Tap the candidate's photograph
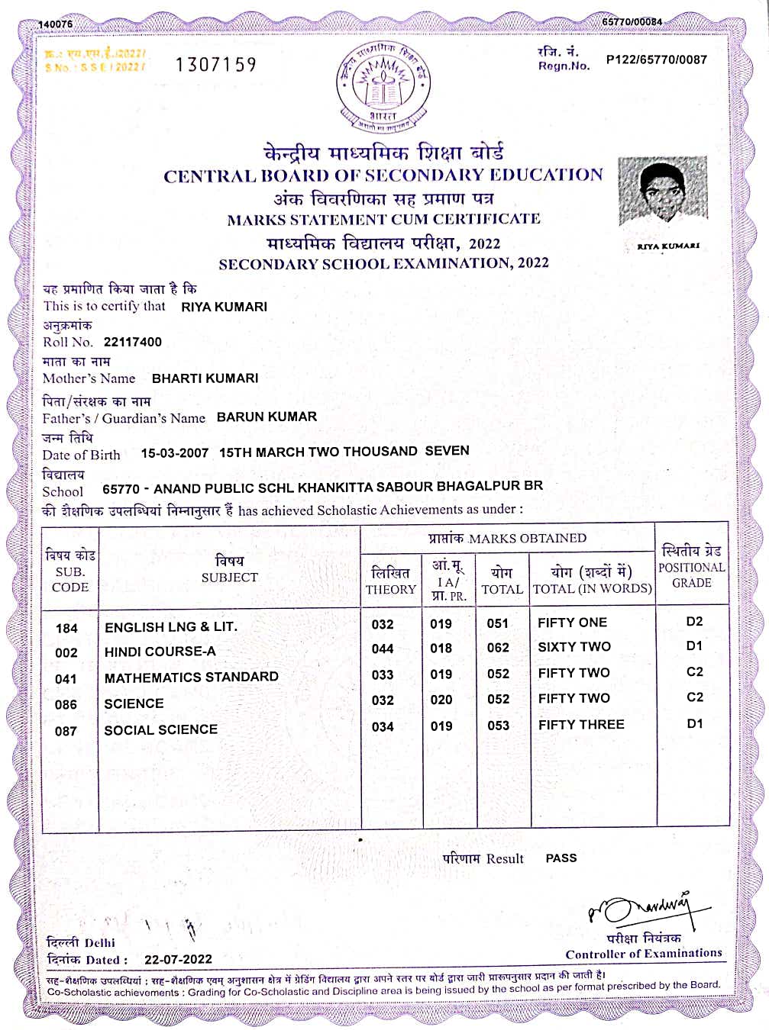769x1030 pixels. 662,191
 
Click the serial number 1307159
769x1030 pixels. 215,65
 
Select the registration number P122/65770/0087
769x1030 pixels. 656,60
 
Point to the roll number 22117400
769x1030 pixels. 133,342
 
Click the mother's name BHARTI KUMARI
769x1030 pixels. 205,378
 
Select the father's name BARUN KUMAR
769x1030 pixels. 267,417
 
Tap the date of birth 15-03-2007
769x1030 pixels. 174,452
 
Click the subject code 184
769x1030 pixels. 66,628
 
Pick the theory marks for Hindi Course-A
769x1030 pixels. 383,649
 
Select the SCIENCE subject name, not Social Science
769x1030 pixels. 134,703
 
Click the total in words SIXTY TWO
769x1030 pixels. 574,647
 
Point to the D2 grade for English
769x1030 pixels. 693,621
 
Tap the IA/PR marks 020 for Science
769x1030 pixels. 441,700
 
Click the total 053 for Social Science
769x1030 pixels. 498,726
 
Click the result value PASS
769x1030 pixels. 561,858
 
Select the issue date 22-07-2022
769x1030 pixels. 178,959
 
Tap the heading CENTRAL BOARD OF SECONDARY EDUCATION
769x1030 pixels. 383,175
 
